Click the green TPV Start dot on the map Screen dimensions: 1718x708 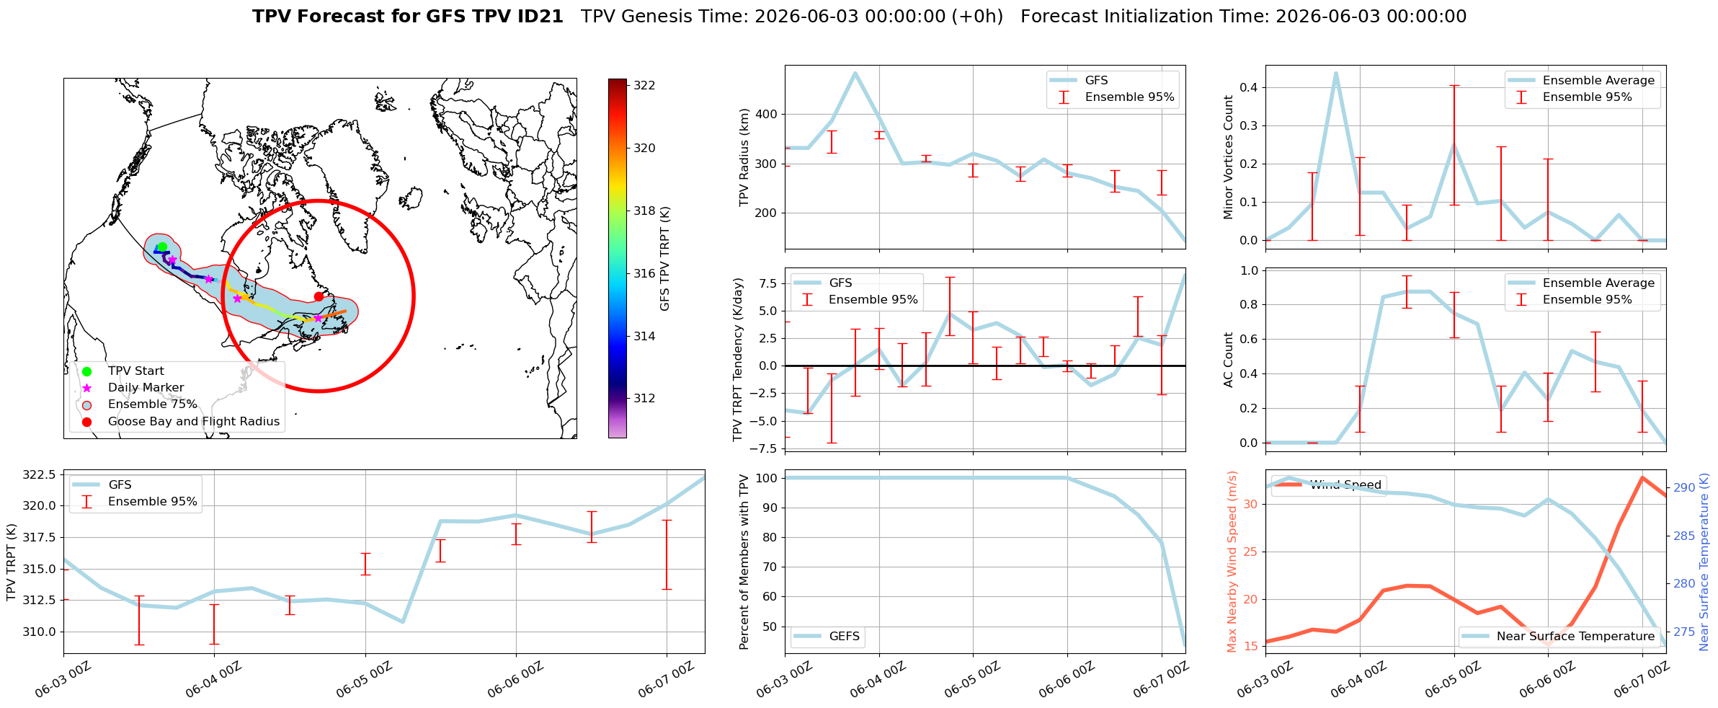pyautogui.click(x=162, y=247)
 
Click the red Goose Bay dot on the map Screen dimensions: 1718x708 pyautogui.click(x=319, y=296)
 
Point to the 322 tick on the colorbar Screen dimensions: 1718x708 pyautogui.click(x=644, y=85)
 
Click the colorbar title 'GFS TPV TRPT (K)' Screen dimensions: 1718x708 pyautogui.click(x=665, y=259)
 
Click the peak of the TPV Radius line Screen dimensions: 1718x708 pyautogui.click(x=855, y=73)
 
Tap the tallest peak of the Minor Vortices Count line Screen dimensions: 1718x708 pyautogui.click(x=1335, y=73)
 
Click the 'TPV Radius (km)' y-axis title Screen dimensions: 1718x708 pyautogui.click(x=744, y=157)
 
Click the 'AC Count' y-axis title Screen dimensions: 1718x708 pyautogui.click(x=1229, y=360)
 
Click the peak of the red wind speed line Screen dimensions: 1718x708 pyautogui.click(x=1642, y=477)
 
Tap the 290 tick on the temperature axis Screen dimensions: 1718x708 pyautogui.click(x=1684, y=487)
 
